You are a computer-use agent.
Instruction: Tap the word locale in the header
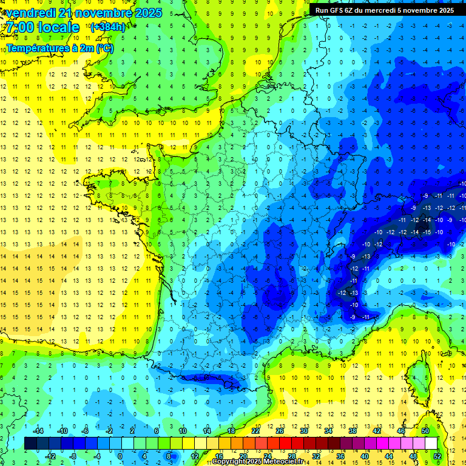click(x=57, y=27)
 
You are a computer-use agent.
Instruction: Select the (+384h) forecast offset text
click(x=108, y=27)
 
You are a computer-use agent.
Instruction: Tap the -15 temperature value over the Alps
click(x=427, y=232)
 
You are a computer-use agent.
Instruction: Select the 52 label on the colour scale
click(x=437, y=456)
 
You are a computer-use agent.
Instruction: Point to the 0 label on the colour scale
click(x=120, y=456)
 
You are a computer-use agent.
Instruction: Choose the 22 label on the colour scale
click(x=255, y=431)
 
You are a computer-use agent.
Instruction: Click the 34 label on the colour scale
click(x=328, y=431)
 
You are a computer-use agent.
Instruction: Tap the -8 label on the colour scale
click(x=72, y=456)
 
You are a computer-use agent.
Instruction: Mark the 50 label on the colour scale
click(x=425, y=431)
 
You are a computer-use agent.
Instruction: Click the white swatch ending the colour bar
click(x=431, y=444)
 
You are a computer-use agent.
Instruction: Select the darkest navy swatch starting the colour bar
click(x=30, y=444)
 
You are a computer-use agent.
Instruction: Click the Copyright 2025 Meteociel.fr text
click(x=258, y=462)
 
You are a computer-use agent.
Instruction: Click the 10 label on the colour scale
click(x=182, y=431)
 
